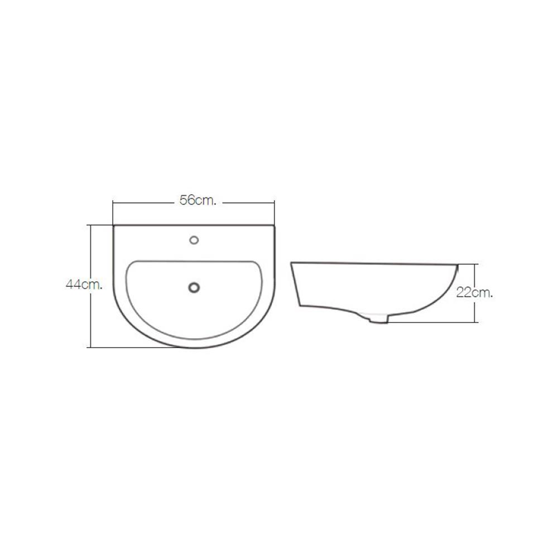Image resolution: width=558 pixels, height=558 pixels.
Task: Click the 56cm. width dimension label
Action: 198,201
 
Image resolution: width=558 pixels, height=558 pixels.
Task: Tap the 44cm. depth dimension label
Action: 84,285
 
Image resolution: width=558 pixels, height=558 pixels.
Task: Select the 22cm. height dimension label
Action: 475,293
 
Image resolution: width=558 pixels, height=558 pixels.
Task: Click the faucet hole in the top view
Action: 194,240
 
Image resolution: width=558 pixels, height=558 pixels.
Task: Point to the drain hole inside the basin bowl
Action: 194,287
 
